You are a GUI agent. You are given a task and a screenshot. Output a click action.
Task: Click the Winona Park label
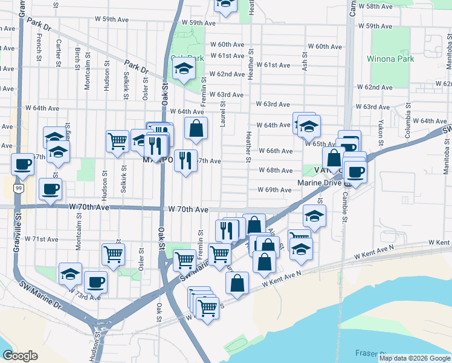[390, 59]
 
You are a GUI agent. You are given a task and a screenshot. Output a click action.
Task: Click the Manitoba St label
[448, 49]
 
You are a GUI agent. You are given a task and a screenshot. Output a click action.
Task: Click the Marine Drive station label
[320, 183]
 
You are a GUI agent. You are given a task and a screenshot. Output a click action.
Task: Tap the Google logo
[20, 356]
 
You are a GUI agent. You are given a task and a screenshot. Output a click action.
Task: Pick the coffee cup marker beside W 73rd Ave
[95, 281]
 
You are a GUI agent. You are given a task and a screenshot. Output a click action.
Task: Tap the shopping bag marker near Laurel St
[196, 127]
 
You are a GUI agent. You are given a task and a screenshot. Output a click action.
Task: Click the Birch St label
[78, 57]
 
